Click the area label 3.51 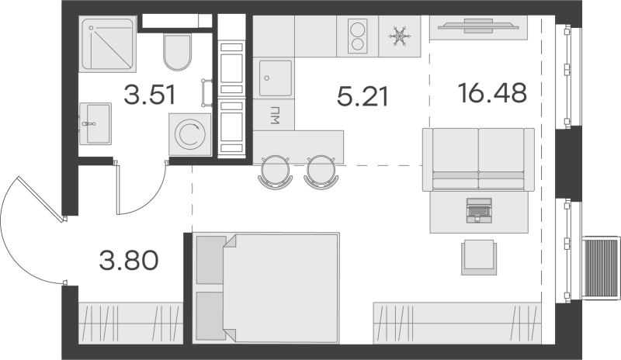(x=149, y=95)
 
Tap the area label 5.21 (x=363, y=97)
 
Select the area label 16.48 (x=492, y=92)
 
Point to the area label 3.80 (x=129, y=260)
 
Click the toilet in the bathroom (x=178, y=52)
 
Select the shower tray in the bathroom (x=108, y=44)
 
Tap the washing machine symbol (x=190, y=134)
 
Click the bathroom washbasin (x=95, y=123)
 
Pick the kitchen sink (x=276, y=78)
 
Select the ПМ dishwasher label (x=275, y=115)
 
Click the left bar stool (x=276, y=172)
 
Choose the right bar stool (x=321, y=172)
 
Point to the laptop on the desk (x=480, y=210)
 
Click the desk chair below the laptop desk (x=479, y=257)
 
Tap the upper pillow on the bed (x=210, y=260)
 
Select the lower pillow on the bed (x=210, y=316)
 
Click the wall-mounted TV (x=478, y=26)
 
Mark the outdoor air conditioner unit (x=600, y=268)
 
